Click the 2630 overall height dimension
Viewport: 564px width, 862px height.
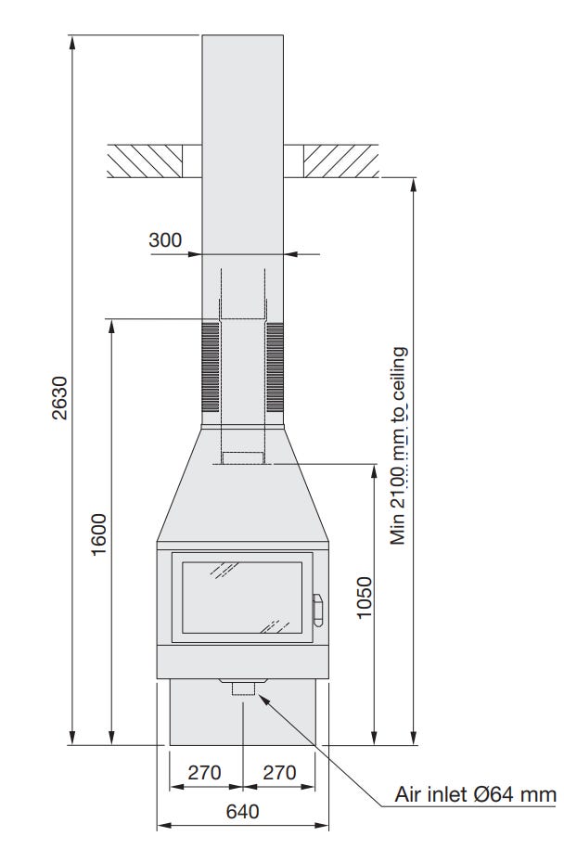(x=58, y=398)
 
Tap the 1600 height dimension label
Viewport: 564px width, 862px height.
(x=98, y=534)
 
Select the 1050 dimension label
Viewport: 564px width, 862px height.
(x=364, y=598)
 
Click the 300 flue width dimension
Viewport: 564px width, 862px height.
(x=165, y=240)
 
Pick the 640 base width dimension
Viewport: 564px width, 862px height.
(x=242, y=811)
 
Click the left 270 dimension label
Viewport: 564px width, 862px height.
(x=204, y=772)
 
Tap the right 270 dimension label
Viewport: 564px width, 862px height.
(x=280, y=772)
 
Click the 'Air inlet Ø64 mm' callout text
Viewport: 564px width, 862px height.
(x=476, y=794)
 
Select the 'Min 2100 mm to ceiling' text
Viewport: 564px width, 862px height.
(x=399, y=445)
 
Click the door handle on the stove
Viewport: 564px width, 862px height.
(x=318, y=610)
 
